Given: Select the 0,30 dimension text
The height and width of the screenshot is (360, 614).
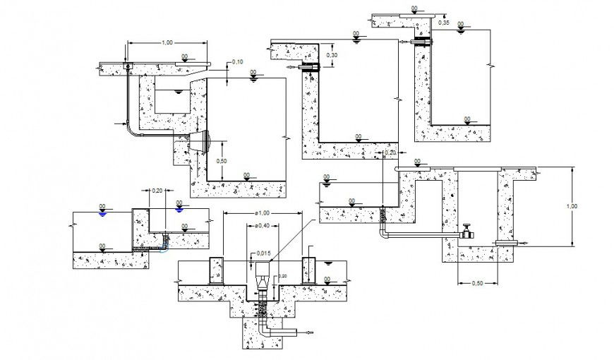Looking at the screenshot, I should click(332, 55).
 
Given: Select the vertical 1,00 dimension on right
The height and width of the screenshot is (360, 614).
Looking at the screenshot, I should click(572, 206).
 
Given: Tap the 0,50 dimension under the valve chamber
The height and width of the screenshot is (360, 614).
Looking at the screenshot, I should click(477, 283).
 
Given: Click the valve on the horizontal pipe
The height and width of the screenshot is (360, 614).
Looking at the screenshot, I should click(467, 232).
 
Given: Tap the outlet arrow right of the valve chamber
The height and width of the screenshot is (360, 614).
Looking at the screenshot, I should click(524, 244).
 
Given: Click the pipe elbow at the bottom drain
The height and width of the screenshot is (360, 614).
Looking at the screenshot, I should click(264, 329).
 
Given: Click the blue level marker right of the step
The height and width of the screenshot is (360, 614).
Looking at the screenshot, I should click(179, 209).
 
